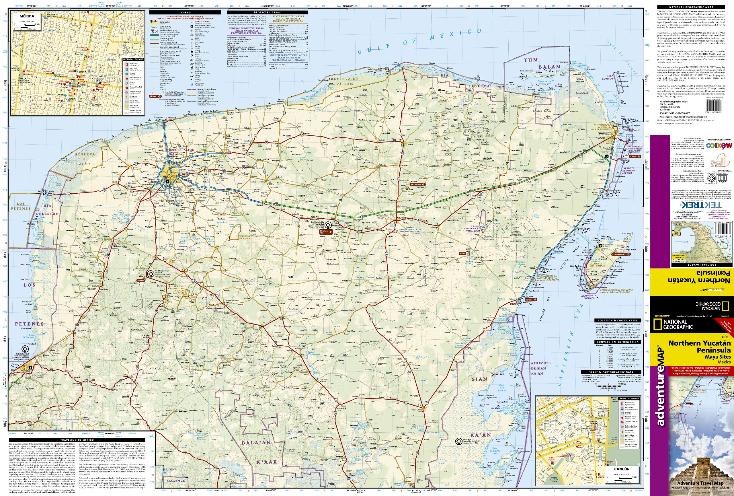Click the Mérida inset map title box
coord(27,16)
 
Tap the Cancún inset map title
coord(622,469)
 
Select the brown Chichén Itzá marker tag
coord(324,232)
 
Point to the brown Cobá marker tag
coord(463,254)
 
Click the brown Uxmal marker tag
coord(140,281)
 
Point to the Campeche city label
coord(17,364)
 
